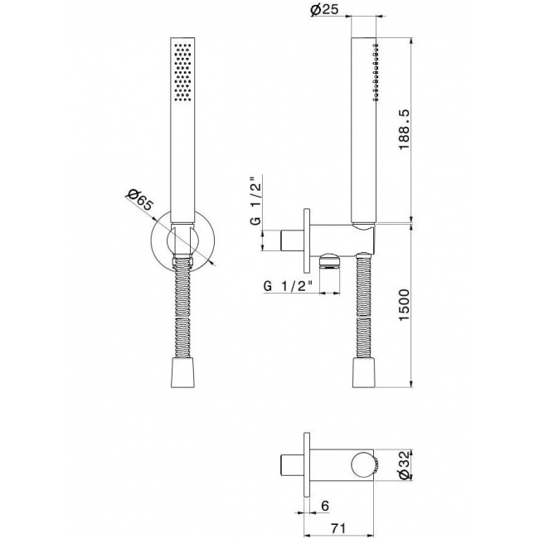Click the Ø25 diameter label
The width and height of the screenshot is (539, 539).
tap(324, 9)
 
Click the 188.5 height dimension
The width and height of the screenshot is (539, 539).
tap(404, 129)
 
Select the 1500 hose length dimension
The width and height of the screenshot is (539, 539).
tap(404, 306)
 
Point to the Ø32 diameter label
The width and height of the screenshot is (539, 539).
tap(405, 465)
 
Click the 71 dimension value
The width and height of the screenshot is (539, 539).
tap(337, 527)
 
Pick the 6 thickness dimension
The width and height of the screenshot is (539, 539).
tap(325, 506)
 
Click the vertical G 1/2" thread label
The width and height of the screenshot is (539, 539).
tap(256, 201)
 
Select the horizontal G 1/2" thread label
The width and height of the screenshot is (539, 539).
tap(289, 286)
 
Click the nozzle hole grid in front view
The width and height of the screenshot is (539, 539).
tap(182, 72)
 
